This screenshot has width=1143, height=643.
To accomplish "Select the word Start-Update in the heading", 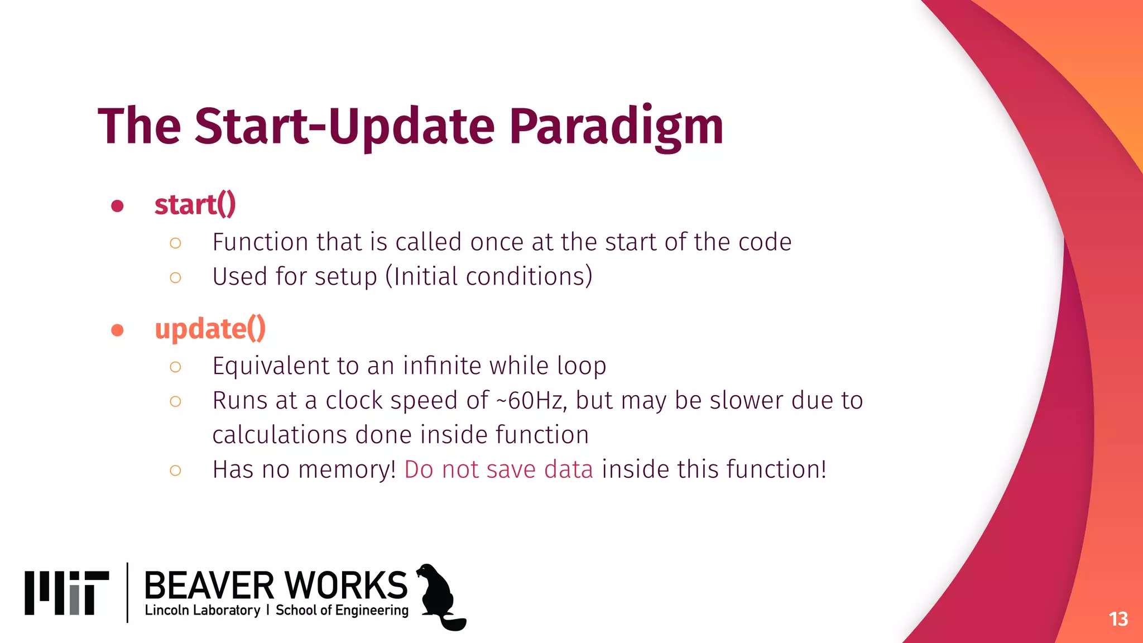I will click(344, 127).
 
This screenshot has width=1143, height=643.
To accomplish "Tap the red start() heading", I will click(195, 204).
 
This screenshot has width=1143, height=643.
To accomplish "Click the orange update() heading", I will click(210, 329).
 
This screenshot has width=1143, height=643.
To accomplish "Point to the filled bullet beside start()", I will click(117, 207).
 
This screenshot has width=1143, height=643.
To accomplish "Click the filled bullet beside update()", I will click(117, 330).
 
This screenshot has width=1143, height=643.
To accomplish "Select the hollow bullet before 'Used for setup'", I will click(175, 277).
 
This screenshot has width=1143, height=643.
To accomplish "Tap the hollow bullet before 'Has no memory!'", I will click(175, 471).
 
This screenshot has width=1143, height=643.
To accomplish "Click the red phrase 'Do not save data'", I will click(498, 469).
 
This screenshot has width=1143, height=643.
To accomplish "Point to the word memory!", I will click(347, 469).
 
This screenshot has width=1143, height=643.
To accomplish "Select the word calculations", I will click(280, 435).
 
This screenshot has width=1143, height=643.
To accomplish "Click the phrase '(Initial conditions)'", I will click(489, 276).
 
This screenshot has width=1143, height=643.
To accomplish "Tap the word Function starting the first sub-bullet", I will click(260, 242).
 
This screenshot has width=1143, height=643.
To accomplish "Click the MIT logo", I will click(66, 593).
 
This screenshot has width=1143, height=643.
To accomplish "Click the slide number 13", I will click(1118, 619).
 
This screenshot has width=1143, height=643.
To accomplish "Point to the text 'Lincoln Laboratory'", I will click(202, 611).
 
